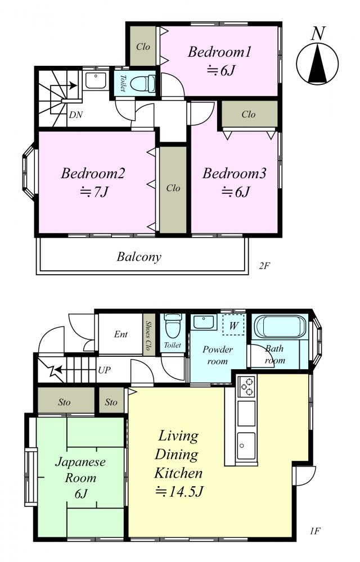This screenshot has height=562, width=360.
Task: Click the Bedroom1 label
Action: click(219, 52)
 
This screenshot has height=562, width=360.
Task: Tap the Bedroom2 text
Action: click(93, 174)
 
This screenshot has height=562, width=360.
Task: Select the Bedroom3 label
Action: click(234, 174)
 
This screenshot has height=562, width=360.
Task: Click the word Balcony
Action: click(139, 257)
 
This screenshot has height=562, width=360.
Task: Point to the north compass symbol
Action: click(318, 64)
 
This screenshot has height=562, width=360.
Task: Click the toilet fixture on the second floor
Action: click(142, 84)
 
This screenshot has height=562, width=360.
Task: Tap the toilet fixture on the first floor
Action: click(173, 325)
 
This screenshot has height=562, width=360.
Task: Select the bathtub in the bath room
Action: click(280, 327)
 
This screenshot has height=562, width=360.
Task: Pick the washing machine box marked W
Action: click(233, 325)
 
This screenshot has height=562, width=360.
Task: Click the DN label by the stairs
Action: click(76, 115)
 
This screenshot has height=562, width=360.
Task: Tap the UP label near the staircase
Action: click(104, 370)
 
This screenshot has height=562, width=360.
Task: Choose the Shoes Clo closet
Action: click(147, 334)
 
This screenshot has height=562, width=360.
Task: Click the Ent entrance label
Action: click(120, 334)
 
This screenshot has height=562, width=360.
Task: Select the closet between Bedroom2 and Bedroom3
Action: click(173, 189)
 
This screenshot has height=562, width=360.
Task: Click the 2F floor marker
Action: click(264, 266)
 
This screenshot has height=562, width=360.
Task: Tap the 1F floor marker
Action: click(314, 531)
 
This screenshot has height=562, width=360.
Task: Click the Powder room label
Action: click(218, 355)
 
